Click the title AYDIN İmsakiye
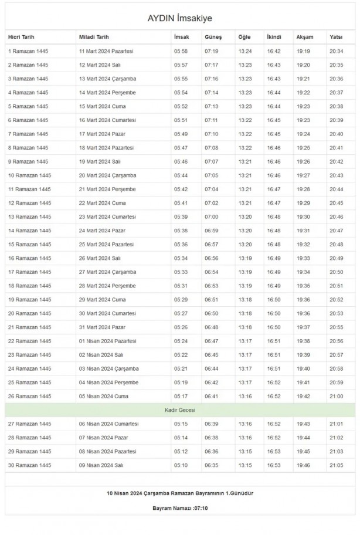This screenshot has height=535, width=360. click(180, 19)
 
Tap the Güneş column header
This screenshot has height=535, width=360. click(213, 37)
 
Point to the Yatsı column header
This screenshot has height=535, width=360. click(336, 37)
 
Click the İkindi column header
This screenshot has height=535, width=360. click(274, 37)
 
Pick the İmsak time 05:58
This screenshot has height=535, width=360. click(181, 51)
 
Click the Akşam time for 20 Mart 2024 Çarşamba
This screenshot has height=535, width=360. click(303, 175)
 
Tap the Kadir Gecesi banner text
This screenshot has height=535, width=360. click(179, 409)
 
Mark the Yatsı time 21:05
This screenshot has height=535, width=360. click(337, 465)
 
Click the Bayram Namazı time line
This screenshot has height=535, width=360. click(179, 507)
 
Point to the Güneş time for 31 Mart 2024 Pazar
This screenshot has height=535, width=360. click(211, 327)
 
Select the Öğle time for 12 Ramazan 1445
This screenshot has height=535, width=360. click(244, 203)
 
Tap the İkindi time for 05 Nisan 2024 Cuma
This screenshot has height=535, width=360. click(274, 396)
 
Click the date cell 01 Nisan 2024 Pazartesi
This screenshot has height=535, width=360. click(107, 341)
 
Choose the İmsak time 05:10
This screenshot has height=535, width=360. click(181, 465)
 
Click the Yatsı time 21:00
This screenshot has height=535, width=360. click(337, 396)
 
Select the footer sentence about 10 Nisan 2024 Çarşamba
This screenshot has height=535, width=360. click(179, 493)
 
